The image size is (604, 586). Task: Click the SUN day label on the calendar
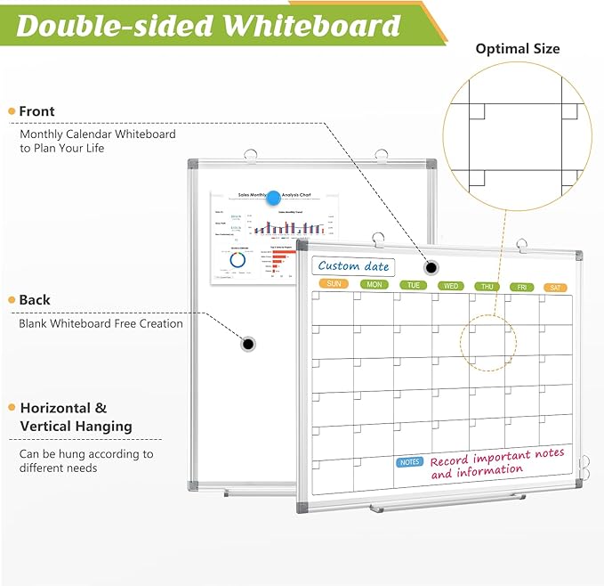334,283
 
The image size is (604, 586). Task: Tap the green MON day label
374,284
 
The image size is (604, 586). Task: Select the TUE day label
413,285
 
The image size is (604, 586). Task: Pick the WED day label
451,286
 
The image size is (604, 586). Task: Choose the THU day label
487,286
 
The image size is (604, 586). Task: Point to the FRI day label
522,287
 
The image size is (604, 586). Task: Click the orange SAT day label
556,287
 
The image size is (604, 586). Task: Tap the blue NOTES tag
409,462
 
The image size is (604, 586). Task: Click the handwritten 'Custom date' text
353,265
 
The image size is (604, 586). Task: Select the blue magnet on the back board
273,199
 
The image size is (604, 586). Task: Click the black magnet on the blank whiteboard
248,343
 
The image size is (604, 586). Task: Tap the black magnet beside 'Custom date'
431,267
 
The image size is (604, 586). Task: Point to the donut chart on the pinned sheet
238,260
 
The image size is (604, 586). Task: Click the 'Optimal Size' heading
518,48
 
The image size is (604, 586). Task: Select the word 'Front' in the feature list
36,111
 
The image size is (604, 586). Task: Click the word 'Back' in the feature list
35,300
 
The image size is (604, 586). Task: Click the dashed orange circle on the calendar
487,342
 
